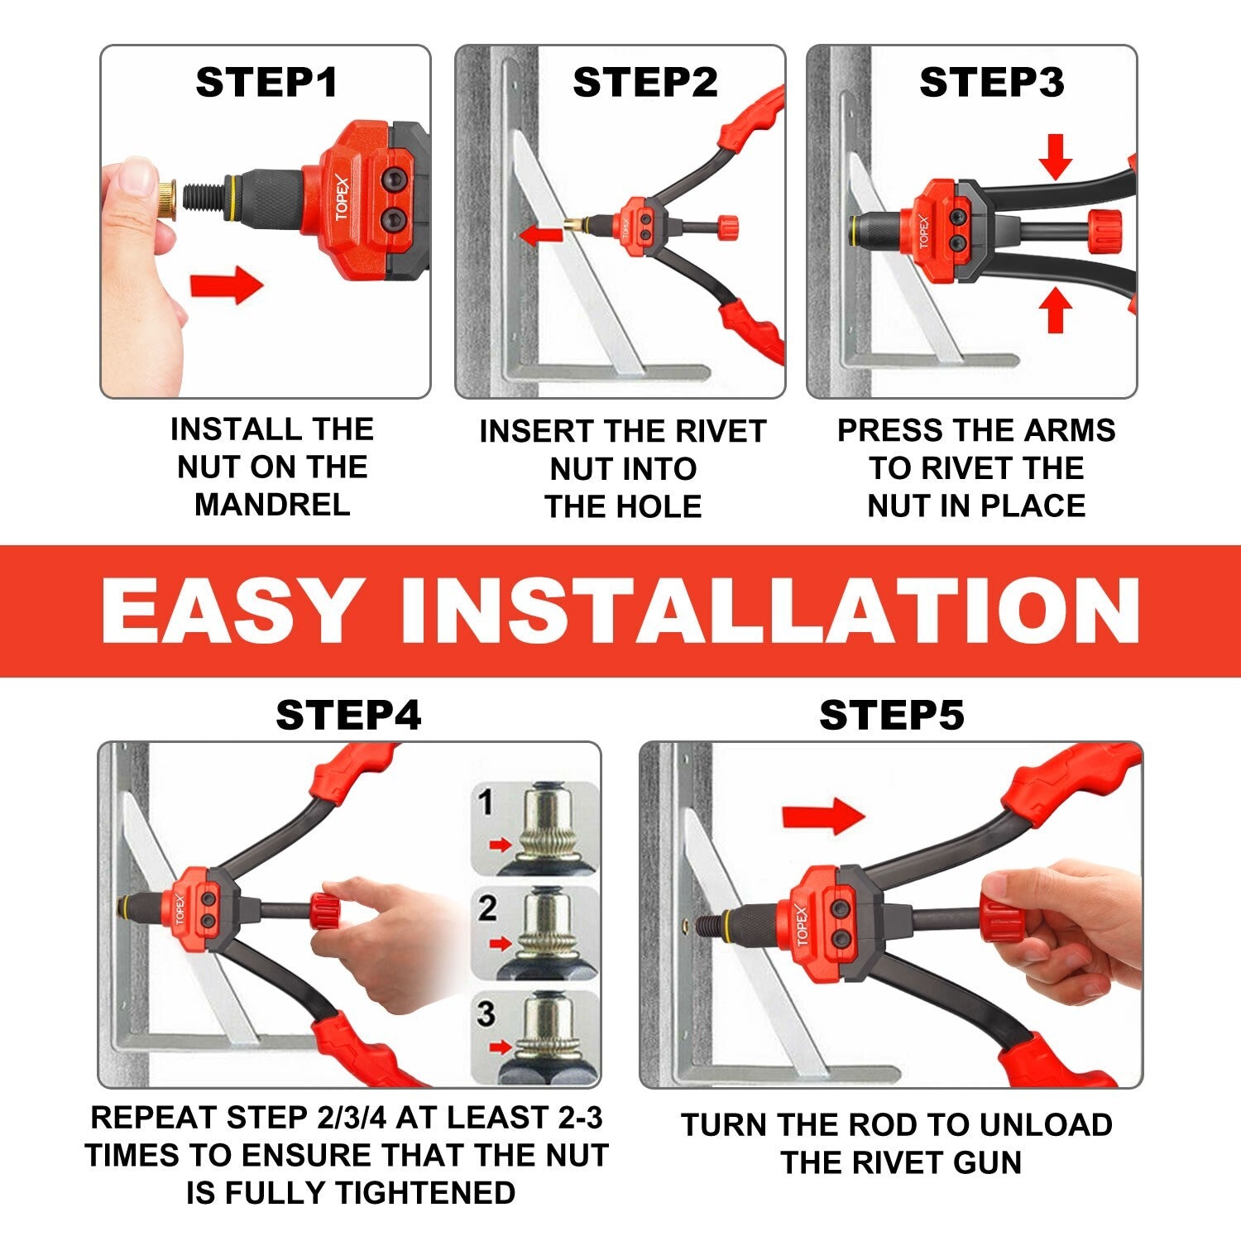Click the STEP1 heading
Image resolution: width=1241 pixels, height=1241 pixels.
[x=266, y=83]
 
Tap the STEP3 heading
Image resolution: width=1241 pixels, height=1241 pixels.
[x=991, y=83]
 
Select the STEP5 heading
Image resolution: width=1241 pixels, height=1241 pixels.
[x=891, y=715]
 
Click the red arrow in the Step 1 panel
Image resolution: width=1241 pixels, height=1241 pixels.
[x=226, y=285]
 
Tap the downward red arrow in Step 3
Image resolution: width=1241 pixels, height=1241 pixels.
[x=1055, y=157]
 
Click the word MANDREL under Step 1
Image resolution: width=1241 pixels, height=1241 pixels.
[x=272, y=505]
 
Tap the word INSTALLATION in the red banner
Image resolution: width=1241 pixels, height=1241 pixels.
[x=769, y=611]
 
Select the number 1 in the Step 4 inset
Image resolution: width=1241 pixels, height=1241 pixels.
[x=486, y=803]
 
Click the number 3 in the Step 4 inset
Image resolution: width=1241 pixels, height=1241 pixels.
[x=486, y=1013]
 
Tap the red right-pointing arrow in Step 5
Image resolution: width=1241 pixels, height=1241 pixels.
[x=822, y=816]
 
